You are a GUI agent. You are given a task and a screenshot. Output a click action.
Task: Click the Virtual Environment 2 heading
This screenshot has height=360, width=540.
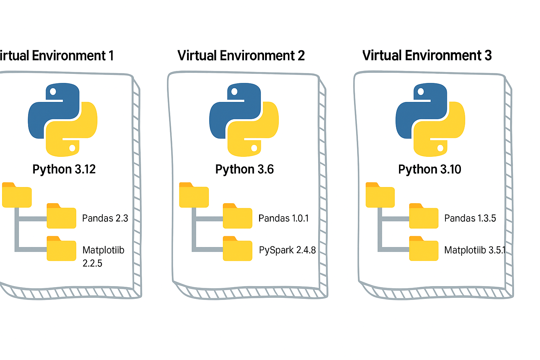click(241, 56)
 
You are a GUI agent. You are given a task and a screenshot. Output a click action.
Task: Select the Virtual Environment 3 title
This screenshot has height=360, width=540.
click(427, 56)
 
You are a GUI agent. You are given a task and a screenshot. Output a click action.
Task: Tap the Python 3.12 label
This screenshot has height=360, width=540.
click(64, 169)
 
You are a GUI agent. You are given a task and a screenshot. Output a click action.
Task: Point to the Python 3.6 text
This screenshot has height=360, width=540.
click(244, 169)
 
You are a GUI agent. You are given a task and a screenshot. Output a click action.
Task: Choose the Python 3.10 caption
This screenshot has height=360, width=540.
click(430, 169)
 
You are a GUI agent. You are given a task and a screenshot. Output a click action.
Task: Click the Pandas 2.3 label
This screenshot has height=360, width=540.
click(105, 218)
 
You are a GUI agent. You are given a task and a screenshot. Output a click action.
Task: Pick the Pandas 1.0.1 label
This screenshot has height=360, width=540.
click(283, 218)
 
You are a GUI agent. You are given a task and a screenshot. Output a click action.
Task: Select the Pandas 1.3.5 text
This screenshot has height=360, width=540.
click(470, 218)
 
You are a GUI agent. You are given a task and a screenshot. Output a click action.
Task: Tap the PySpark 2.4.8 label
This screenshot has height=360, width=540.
click(287, 250)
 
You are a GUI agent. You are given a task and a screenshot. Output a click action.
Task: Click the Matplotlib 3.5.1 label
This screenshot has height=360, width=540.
click(475, 250)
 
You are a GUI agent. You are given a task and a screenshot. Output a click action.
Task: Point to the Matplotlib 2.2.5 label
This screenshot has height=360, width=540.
click(103, 256)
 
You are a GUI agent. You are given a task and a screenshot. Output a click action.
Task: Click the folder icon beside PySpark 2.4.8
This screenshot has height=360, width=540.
click(238, 249)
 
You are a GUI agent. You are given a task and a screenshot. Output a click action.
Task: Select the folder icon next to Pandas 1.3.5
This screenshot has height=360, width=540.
click(424, 216)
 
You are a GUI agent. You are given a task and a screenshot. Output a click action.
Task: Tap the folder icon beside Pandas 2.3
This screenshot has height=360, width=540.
click(62, 216)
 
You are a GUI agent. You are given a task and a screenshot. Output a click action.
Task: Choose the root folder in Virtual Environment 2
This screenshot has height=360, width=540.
click(194, 195)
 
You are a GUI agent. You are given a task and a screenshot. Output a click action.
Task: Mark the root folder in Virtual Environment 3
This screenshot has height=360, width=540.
click(380, 195)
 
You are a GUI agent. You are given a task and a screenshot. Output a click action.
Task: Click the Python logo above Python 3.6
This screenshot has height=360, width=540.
click(244, 120)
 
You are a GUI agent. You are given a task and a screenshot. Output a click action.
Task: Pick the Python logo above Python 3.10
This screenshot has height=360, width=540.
click(430, 120)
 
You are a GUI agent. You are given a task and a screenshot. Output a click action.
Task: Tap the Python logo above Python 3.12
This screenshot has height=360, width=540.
click(63, 120)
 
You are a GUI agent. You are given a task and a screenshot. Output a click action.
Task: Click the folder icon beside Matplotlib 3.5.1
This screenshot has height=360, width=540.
click(424, 249)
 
